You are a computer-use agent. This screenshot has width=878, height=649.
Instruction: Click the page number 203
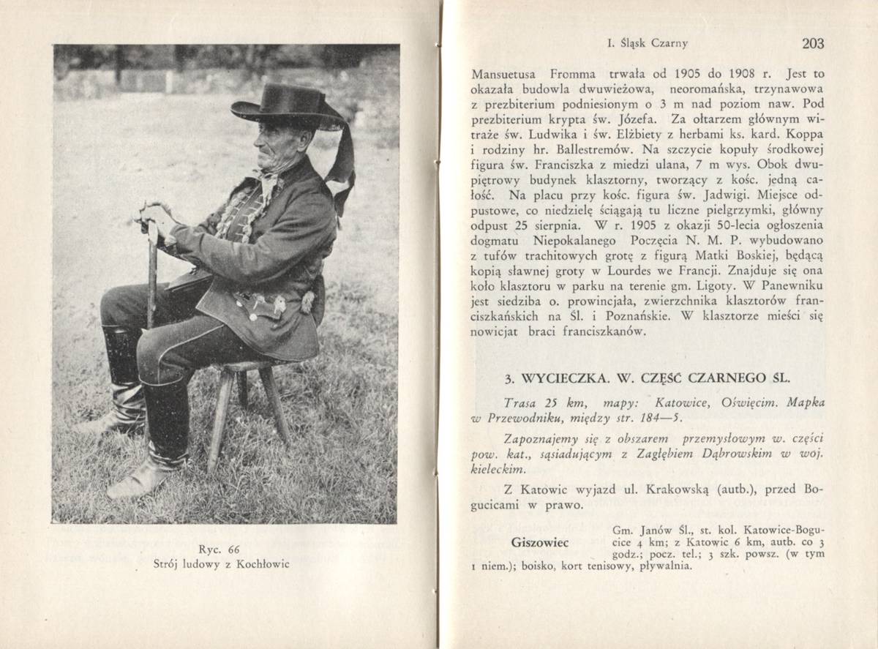tap(812, 44)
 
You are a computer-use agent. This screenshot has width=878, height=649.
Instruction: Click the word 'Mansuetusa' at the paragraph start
tap(503, 75)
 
